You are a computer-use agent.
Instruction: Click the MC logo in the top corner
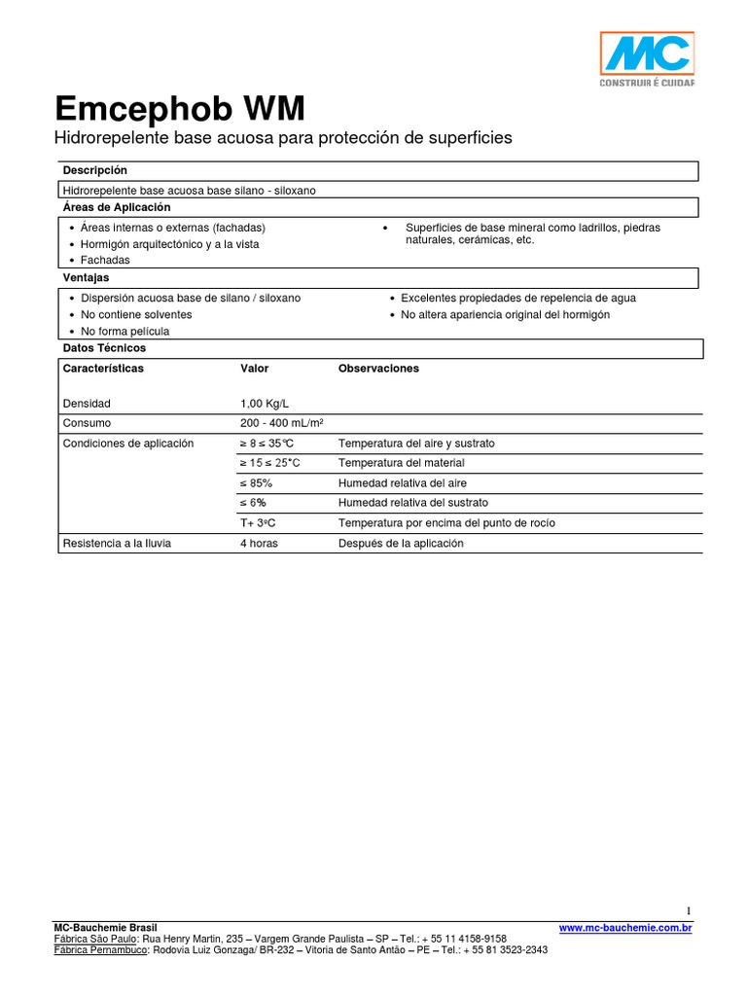646,57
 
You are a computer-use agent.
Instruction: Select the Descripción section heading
95,170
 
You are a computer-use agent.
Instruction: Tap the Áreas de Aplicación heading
117,207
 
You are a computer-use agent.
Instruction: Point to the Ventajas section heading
87,278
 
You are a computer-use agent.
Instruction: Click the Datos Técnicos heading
104,347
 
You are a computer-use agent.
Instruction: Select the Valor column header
255,369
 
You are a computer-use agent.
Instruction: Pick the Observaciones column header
378,369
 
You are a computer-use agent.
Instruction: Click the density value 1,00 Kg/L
265,403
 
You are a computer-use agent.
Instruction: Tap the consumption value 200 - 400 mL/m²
281,423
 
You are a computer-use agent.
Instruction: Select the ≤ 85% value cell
256,482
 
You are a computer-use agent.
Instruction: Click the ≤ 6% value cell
253,503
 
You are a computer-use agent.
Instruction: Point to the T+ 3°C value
258,523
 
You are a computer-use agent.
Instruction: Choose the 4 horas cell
259,543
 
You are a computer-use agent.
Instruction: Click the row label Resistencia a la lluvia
117,543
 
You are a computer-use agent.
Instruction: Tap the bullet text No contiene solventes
137,314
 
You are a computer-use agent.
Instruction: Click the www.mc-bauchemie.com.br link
625,928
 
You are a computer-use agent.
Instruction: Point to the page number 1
689,910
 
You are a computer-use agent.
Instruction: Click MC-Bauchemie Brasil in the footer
104,928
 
